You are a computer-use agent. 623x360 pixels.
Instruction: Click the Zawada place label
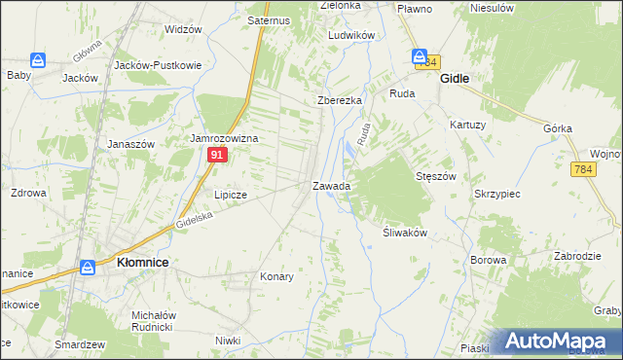point(331,185)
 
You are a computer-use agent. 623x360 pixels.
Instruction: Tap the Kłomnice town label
point(144,263)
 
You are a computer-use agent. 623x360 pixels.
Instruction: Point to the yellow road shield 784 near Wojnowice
point(583,169)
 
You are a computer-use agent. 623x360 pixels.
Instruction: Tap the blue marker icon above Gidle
point(420,57)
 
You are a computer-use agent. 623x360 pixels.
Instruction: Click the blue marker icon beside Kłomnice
point(88,266)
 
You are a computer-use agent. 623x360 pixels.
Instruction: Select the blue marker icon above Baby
point(38,60)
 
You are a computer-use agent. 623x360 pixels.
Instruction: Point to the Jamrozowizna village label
point(224,139)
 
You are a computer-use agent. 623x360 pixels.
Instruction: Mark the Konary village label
point(276,276)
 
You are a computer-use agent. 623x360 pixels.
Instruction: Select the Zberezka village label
point(340,101)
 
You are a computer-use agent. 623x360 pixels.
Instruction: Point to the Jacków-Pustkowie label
point(158,65)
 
